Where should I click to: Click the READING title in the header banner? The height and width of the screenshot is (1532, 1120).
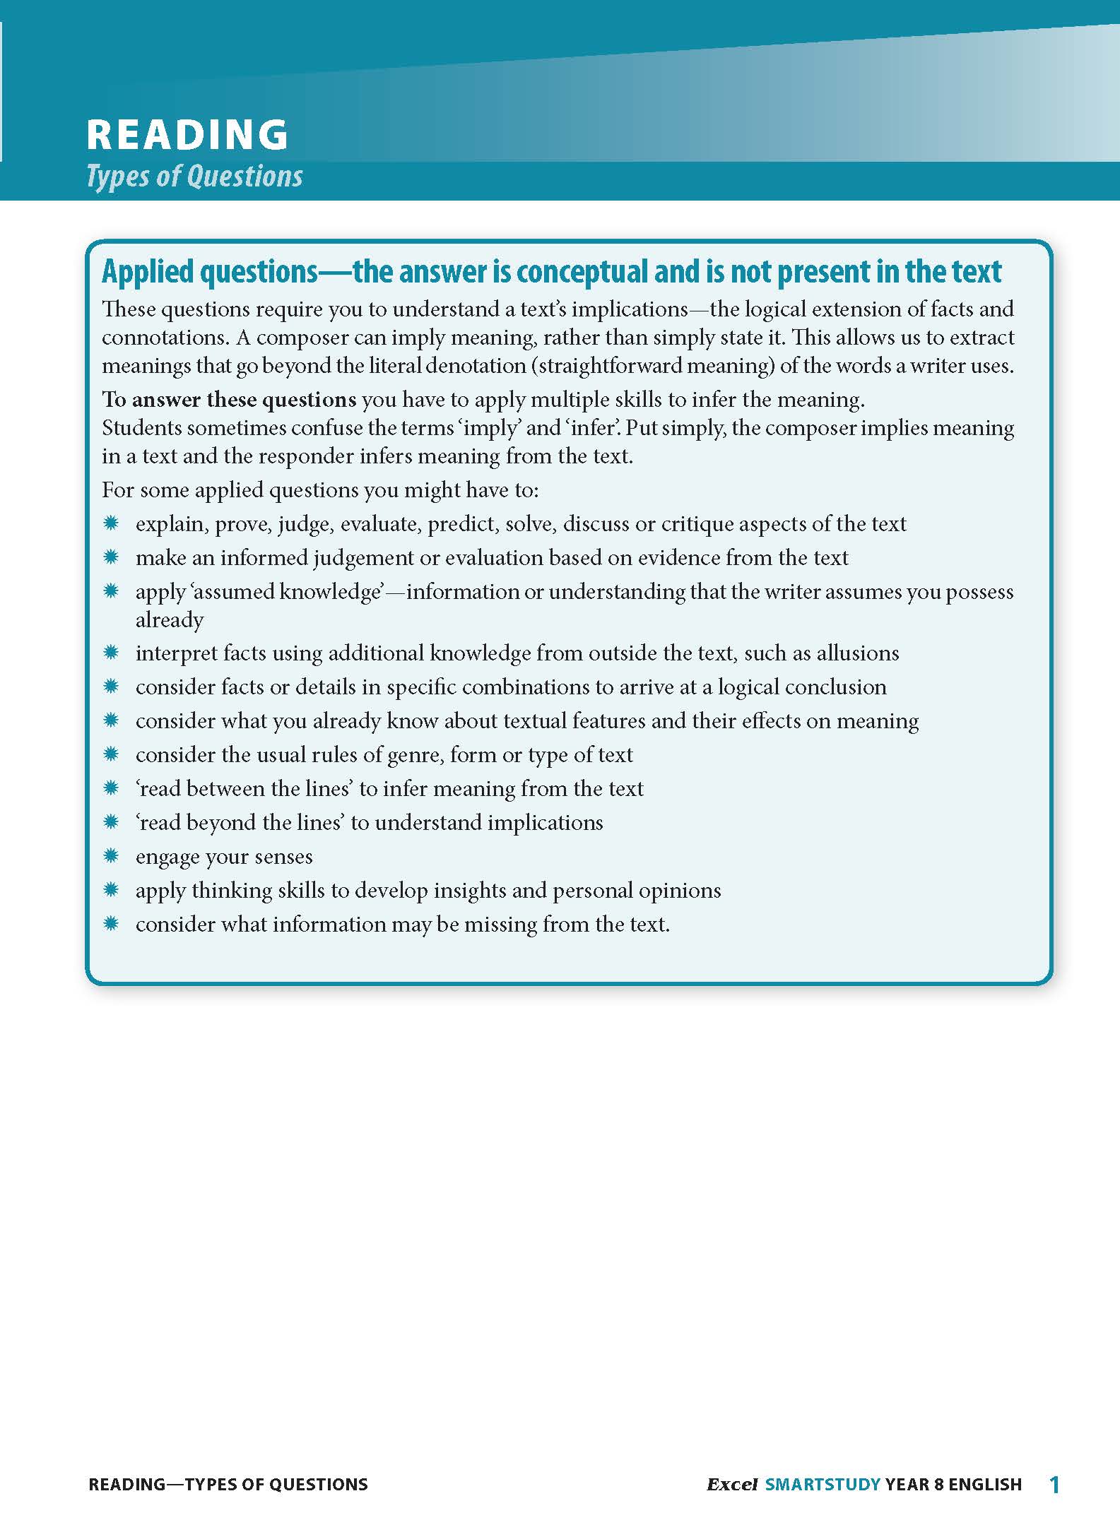point(187,134)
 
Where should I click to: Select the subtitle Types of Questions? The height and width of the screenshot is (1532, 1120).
point(194,176)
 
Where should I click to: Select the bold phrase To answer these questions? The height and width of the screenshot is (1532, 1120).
point(229,400)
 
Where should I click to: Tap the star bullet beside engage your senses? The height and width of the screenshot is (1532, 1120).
point(111,857)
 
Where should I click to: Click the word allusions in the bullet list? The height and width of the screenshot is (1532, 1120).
point(858,653)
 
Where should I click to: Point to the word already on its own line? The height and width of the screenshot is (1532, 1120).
point(170,619)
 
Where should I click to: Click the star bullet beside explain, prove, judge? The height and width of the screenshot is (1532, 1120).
point(111,523)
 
